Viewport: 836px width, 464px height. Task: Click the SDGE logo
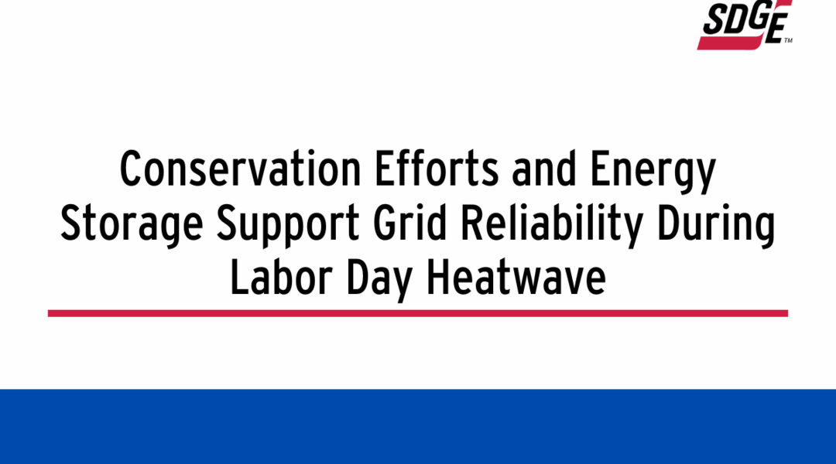coord(745,25)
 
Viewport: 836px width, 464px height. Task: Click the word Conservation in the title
coord(241,169)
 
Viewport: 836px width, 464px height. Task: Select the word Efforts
coord(437,169)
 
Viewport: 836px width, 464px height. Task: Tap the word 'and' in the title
coord(544,169)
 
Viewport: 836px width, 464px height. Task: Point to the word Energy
coord(653,172)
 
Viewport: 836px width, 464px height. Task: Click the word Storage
coord(132,226)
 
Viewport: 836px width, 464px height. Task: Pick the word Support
coord(288,226)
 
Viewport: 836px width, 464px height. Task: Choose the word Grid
coord(409,223)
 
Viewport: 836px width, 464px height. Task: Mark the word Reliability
coord(551,226)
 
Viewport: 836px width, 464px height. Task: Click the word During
coord(715,226)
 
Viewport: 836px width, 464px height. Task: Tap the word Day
coord(379,280)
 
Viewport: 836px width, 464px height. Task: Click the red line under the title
coord(418,313)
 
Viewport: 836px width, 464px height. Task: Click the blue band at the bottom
coord(418,427)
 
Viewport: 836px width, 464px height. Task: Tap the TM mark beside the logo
coord(788,40)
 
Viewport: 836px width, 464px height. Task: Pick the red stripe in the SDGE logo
coord(731,43)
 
